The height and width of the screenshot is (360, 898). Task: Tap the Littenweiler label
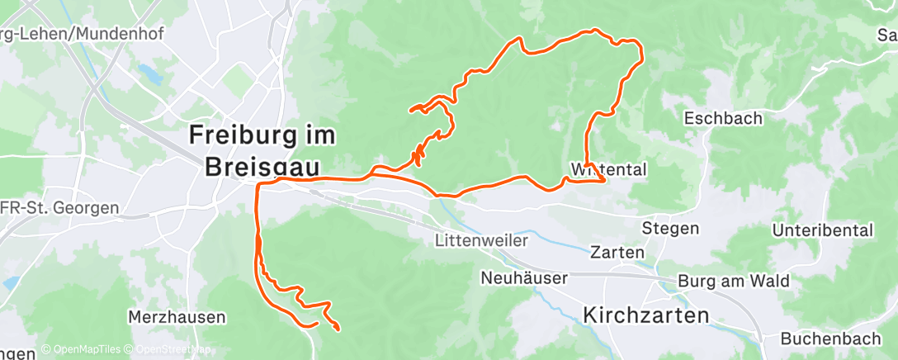[480, 241]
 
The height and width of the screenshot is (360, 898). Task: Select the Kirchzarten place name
[646, 315]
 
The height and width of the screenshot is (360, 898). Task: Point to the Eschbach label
[723, 119]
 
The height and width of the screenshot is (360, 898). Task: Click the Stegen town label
[671, 229]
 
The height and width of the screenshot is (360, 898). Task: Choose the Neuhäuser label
[524, 278]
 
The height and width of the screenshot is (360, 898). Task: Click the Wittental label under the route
[608, 169]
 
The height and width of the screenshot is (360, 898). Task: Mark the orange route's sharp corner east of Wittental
[605, 179]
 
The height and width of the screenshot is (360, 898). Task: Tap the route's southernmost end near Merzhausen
[338, 329]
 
